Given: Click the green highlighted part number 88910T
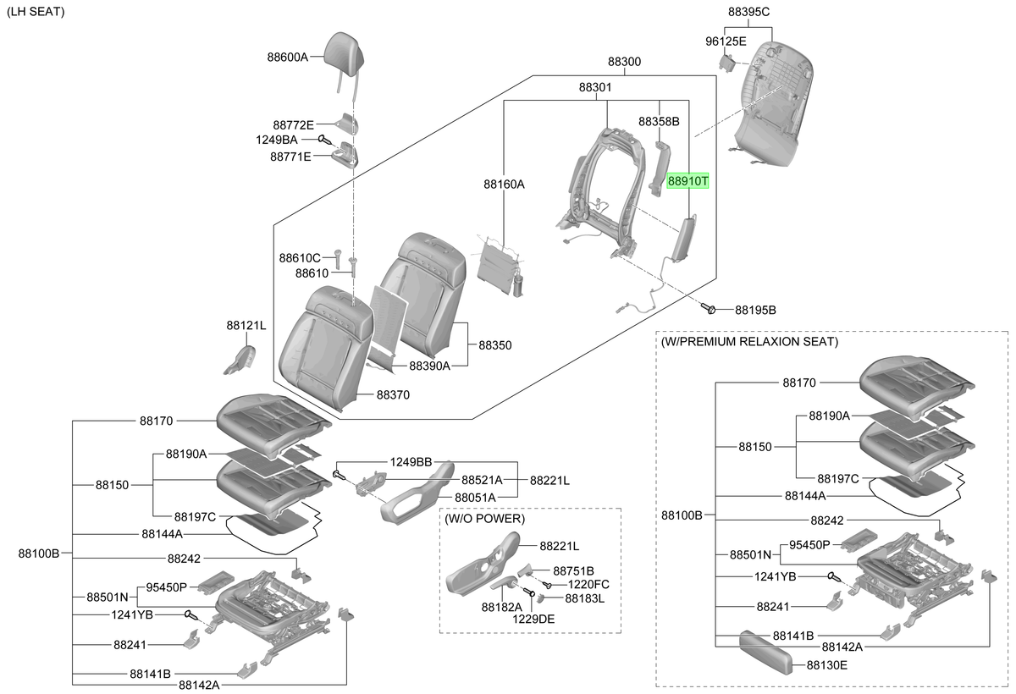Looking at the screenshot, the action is tap(687, 181).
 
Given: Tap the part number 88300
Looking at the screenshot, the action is tap(624, 62).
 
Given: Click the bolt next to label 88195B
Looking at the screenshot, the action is tap(708, 309).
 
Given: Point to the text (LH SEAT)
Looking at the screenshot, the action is tap(36, 12).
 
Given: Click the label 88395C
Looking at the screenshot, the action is tap(748, 12).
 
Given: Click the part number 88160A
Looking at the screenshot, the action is tap(504, 184).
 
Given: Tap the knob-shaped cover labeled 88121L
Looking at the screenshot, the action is tap(240, 360).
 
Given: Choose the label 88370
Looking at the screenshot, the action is tap(393, 395).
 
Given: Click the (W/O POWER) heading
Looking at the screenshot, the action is tap(484, 519).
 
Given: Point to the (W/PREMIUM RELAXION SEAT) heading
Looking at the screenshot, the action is tap(749, 341).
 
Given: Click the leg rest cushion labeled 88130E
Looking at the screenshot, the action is tap(765, 653).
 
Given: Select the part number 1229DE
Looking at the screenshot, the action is tap(533, 619).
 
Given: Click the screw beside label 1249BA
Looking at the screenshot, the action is tap(325, 140).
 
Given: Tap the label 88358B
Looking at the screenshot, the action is tap(659, 122).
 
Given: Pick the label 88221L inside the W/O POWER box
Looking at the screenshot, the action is tap(559, 546).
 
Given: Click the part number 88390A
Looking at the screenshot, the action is tap(429, 366).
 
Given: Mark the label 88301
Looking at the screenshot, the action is tap(595, 87).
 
